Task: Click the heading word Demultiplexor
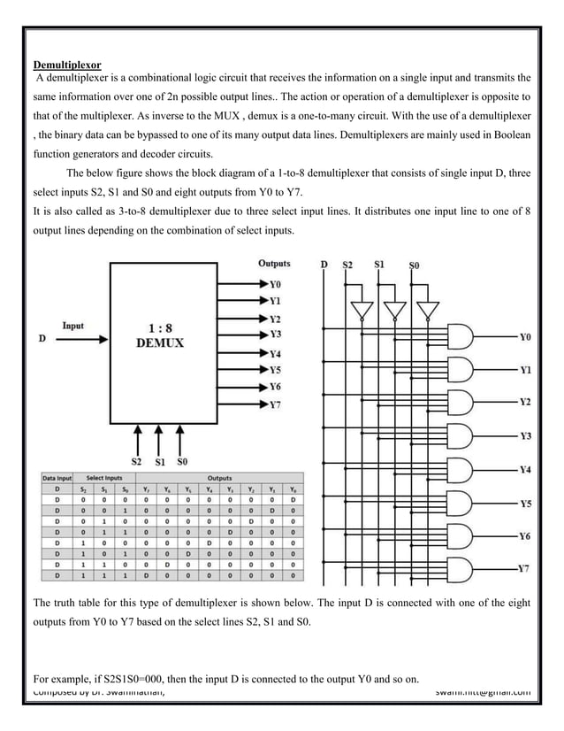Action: [67, 65]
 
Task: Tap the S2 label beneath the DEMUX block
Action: [137, 461]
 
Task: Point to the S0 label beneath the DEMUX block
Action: [181, 461]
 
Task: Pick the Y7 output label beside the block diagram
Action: [275, 404]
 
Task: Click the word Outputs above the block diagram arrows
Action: [273, 263]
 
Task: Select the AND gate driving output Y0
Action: [461, 335]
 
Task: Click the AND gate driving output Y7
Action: [461, 569]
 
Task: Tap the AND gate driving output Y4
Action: [461, 469]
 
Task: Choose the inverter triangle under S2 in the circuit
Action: [361, 311]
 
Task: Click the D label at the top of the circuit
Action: [324, 264]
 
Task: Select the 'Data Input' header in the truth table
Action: [58, 478]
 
